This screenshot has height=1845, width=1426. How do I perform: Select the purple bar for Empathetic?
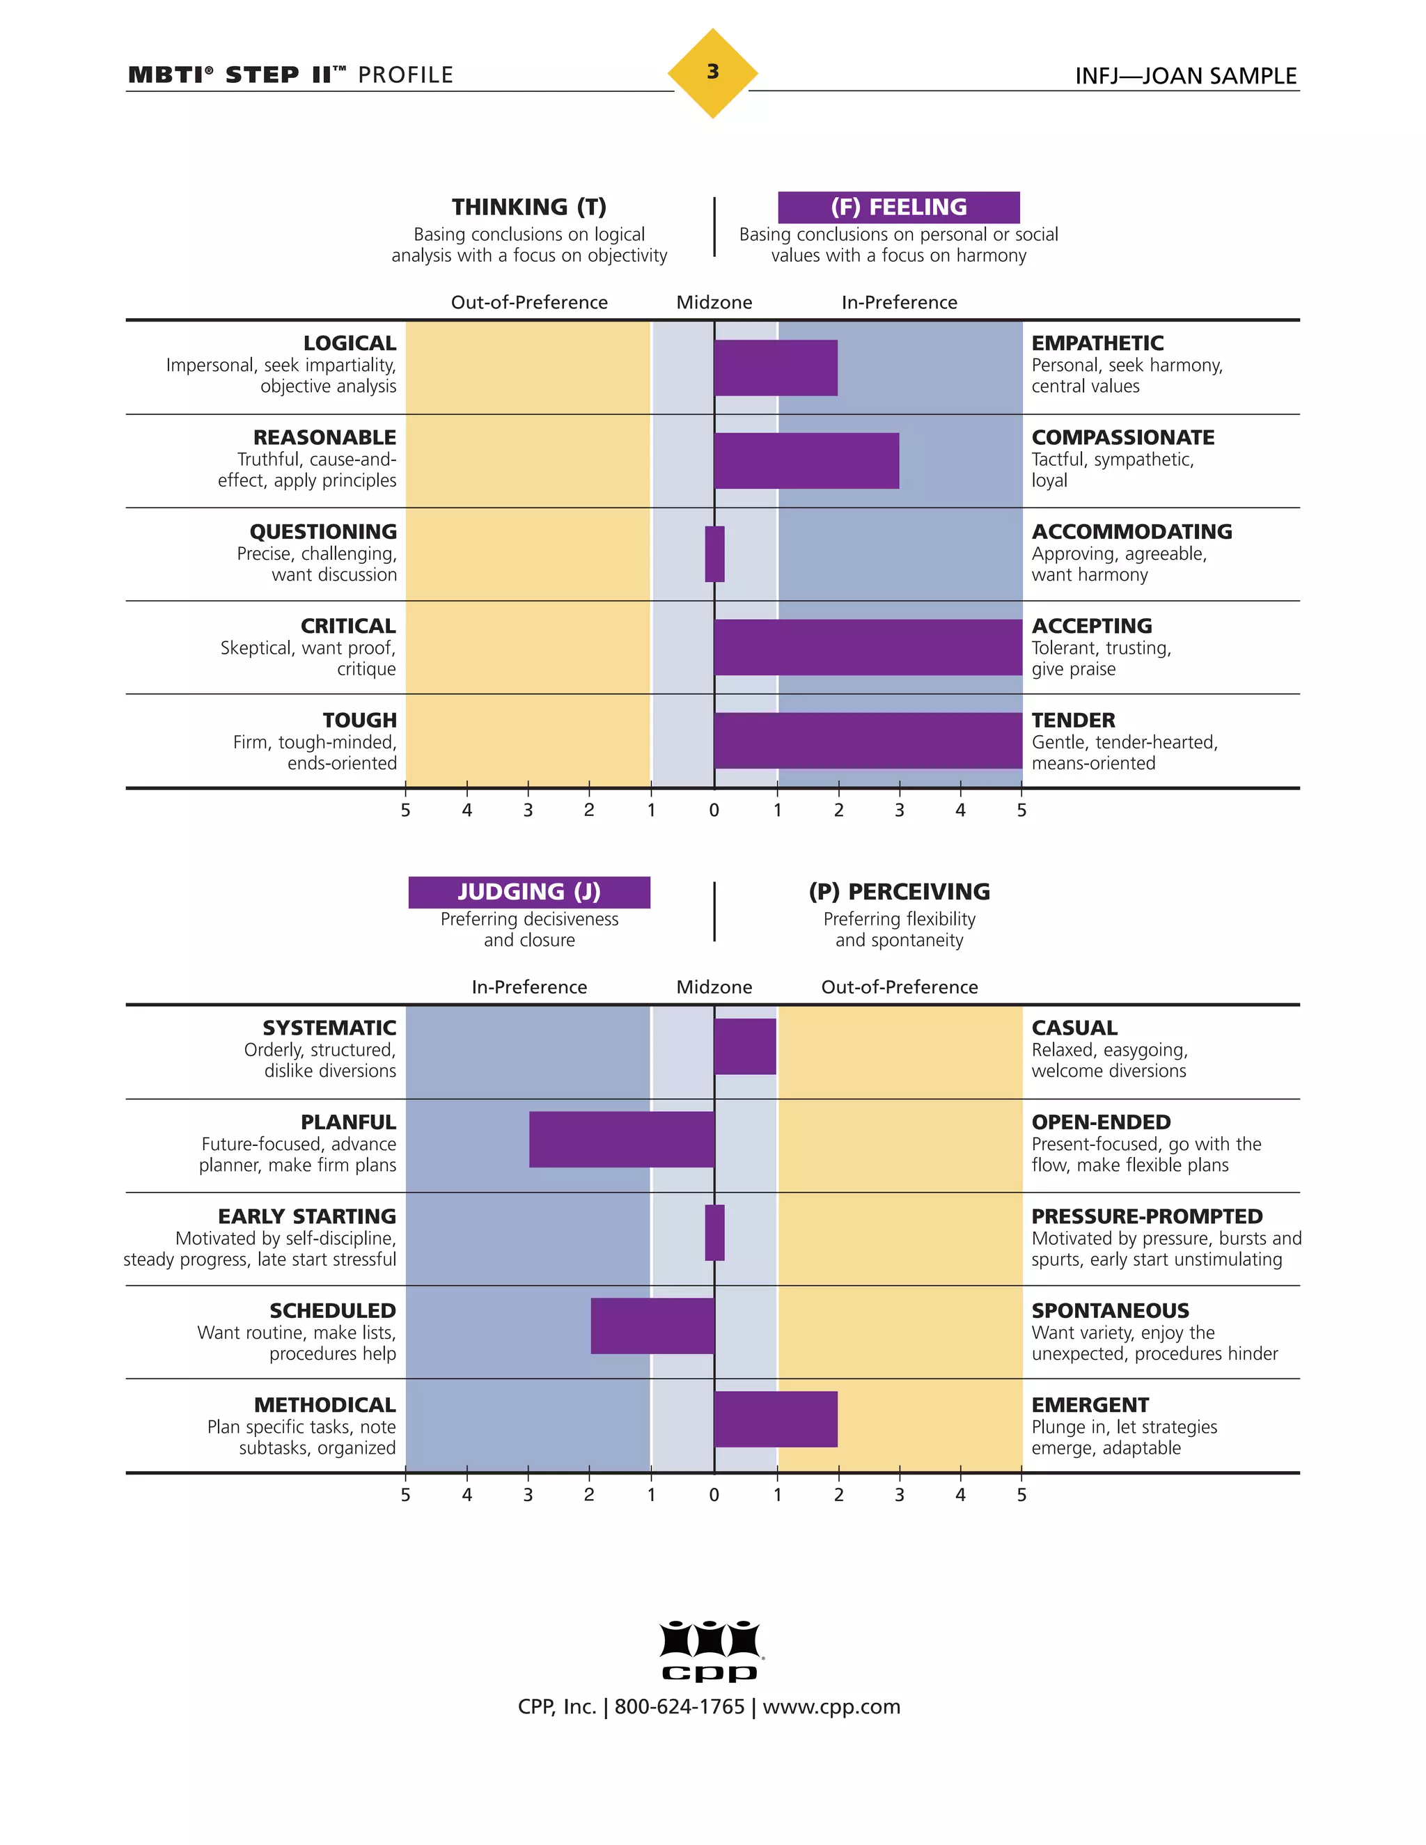776,368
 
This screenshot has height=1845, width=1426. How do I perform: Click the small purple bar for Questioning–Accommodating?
714,554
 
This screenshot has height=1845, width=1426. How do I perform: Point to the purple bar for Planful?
622,1139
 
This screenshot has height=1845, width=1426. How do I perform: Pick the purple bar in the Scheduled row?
652,1326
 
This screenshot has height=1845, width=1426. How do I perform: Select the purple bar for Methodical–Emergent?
776,1419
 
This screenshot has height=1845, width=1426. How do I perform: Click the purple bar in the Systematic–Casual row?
744,1046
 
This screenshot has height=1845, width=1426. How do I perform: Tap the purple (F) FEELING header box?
898,207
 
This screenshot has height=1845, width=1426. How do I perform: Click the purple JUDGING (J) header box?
529,892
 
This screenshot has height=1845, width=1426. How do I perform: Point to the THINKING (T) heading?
529,207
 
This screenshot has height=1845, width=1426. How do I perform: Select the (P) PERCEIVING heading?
898,892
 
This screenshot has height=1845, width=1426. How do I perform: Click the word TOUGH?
359,720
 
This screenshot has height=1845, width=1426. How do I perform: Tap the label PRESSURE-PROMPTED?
1146,1216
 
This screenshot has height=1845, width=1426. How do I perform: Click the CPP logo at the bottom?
712,1651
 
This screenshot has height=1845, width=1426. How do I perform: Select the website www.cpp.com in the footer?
831,1706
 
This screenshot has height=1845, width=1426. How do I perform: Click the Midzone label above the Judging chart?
714,987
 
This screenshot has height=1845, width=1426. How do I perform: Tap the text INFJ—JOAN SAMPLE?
1185,76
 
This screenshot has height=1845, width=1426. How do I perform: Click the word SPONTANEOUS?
1110,1310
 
